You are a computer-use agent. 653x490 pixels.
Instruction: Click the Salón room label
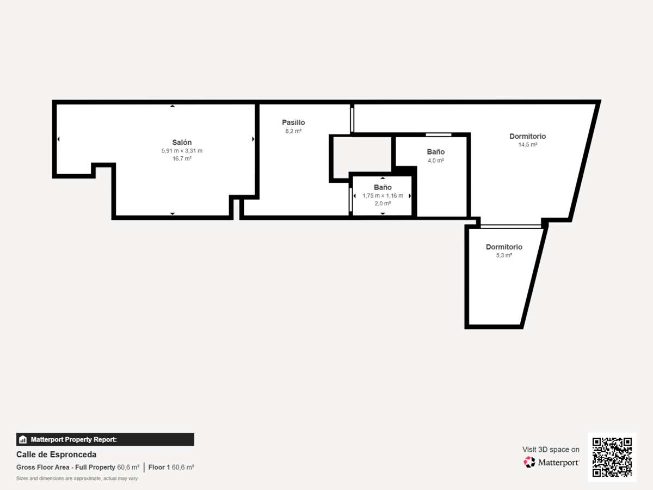pos(182,142)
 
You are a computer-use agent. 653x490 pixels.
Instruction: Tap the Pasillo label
pos(293,122)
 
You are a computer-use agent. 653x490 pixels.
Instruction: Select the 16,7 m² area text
pos(182,158)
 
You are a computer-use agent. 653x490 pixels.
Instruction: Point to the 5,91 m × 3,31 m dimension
pos(182,151)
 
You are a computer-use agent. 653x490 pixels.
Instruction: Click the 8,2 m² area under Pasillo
pos(293,131)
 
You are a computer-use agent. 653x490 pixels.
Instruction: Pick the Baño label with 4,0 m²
pos(435,152)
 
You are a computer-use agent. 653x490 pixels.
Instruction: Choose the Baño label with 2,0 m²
pos(383,187)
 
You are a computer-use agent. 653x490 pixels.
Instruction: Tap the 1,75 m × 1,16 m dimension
pos(383,196)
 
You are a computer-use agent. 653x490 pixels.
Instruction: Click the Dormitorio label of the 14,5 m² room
pos(527,136)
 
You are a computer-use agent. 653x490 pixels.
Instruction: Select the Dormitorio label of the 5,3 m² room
pos(504,247)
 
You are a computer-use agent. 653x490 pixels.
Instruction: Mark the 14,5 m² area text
pos(528,145)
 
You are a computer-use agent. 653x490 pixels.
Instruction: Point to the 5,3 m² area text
pos(504,255)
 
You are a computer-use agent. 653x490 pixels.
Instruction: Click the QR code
pos(612,457)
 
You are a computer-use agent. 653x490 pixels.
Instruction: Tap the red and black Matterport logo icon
pos(529,462)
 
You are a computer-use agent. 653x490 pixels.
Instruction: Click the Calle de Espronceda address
pos(56,455)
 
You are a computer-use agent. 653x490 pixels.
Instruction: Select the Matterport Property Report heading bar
pos(105,439)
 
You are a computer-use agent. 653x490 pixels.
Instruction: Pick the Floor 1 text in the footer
pos(159,467)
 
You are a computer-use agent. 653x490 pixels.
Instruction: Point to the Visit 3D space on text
pos(551,450)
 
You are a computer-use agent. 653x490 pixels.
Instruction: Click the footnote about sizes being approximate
pos(77,479)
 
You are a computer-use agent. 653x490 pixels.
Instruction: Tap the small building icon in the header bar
pos(23,439)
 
